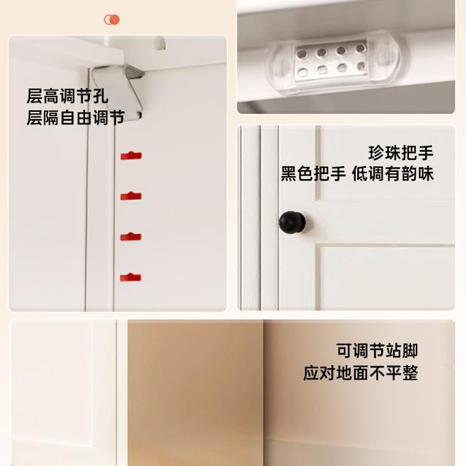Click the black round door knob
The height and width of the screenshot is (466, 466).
tap(292, 222)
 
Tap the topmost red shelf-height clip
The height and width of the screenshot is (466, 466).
tap(131, 155)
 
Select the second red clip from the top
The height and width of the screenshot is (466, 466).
tap(131, 196)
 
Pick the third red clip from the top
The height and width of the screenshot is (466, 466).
tap(131, 237)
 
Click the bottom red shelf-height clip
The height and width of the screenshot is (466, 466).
tap(130, 277)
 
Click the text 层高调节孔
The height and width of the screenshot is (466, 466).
tap(67, 96)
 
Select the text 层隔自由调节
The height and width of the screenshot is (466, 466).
tap(76, 118)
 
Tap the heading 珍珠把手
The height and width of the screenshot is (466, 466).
tap(401, 153)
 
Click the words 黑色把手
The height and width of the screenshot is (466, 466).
tap(313, 174)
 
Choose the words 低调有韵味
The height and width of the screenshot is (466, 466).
tap(393, 174)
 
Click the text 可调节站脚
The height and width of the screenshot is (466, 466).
tap(377, 351)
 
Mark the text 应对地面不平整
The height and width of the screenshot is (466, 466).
tap(360, 373)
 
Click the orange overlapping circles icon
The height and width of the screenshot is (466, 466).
tap(112, 20)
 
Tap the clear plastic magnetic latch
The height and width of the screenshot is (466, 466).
tap(336, 61)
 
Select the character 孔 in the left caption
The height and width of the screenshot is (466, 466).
tap(100, 96)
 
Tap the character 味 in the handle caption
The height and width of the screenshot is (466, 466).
tap(426, 174)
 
